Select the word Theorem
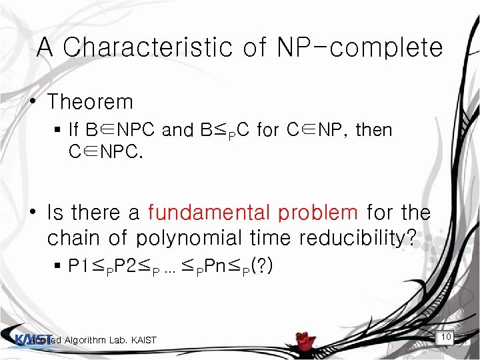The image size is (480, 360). point(90,102)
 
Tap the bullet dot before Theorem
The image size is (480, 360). point(31,102)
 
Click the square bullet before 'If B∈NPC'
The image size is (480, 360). point(59,130)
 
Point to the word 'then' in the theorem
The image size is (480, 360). point(374,130)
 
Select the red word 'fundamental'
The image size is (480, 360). point(206,213)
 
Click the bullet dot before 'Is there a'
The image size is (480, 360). point(31,213)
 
